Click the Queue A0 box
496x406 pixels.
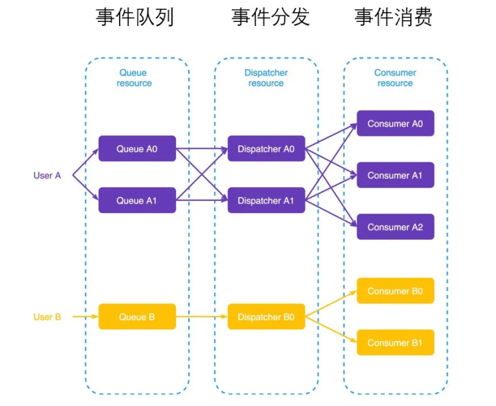coord(137,148)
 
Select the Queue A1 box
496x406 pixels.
coord(137,200)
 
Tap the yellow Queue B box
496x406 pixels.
coord(137,317)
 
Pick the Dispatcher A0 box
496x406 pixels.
coord(266,148)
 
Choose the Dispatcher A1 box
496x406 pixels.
coord(266,200)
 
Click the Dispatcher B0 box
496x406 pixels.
coord(266,317)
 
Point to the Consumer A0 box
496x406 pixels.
coord(395,123)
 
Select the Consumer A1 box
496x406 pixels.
coord(395,175)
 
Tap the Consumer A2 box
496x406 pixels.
coord(395,227)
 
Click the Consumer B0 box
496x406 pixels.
coord(395,291)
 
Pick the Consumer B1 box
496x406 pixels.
coord(395,343)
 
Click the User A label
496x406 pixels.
coord(47,176)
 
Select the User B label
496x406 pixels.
coord(47,317)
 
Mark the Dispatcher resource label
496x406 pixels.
coord(266,78)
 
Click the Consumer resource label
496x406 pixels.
coord(395,78)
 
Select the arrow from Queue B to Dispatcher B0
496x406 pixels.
coord(201,317)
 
